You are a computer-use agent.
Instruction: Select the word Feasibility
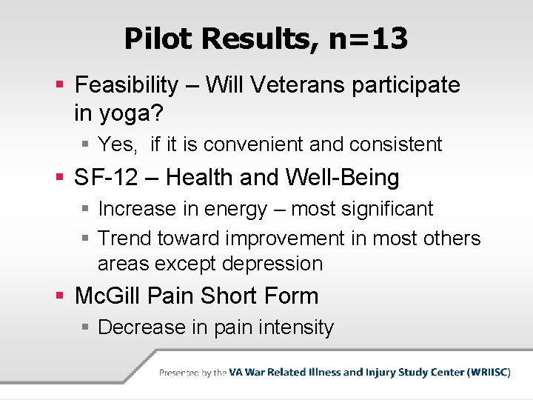127,85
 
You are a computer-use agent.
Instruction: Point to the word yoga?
132,114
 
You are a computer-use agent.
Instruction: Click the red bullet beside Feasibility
60,84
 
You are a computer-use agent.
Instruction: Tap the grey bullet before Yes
85,144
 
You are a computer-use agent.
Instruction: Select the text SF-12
106,177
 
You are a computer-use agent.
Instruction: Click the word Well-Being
342,178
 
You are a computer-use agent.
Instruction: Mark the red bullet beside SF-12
60,177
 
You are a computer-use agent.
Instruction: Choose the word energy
235,210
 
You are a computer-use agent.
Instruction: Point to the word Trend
124,238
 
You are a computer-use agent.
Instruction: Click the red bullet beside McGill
60,295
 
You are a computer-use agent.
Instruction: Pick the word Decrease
141,327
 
